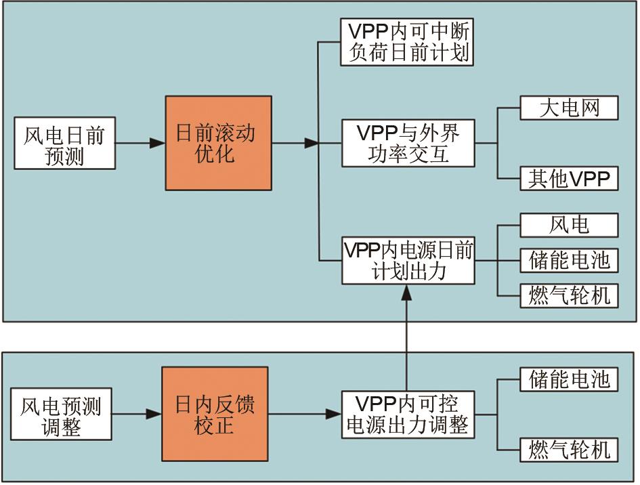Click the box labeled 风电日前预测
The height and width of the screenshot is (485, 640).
tap(64, 144)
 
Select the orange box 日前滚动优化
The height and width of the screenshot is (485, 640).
tap(218, 143)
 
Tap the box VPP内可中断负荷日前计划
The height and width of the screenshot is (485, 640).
tap(407, 43)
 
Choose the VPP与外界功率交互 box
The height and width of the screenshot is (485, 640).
tap(407, 143)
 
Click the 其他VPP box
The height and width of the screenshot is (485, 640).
tap(569, 178)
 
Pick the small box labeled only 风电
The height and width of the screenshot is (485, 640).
tap(569, 225)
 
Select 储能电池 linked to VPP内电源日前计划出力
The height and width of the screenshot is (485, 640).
tap(569, 260)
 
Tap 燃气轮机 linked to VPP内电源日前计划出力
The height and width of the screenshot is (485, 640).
tap(569, 295)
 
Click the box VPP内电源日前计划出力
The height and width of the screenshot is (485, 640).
tap(407, 260)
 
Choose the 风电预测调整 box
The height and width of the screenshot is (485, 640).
tap(61, 415)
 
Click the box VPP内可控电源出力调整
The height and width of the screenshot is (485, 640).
tap(407, 415)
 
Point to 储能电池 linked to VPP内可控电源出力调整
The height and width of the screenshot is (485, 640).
tap(569, 380)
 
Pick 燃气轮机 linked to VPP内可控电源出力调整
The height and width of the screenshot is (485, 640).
tap(569, 449)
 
